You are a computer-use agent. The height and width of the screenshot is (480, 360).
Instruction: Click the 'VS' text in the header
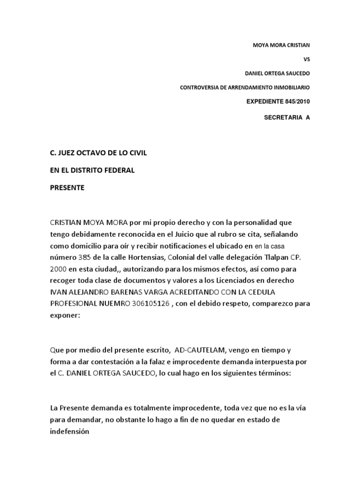coord(307,60)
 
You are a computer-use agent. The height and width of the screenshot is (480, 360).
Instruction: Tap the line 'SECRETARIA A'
coord(287,118)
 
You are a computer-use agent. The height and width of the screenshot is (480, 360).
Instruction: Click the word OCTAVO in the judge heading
coord(92,153)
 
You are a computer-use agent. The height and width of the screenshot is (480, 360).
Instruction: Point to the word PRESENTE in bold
coord(67,187)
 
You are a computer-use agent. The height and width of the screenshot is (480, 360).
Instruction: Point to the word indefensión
coord(69,431)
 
